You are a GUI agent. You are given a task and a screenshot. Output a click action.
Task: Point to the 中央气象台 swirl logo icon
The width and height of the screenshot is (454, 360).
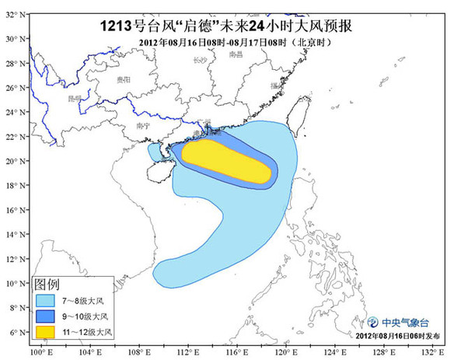click(374, 322)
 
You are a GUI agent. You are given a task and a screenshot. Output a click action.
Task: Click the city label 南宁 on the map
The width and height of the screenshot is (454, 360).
click(142, 124)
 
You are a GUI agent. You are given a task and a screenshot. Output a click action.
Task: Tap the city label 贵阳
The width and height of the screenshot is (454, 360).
click(123, 80)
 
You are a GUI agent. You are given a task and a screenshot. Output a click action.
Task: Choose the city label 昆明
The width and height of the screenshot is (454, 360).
click(75, 99)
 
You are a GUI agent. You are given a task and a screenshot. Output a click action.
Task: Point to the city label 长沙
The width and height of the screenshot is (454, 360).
click(201, 59)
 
